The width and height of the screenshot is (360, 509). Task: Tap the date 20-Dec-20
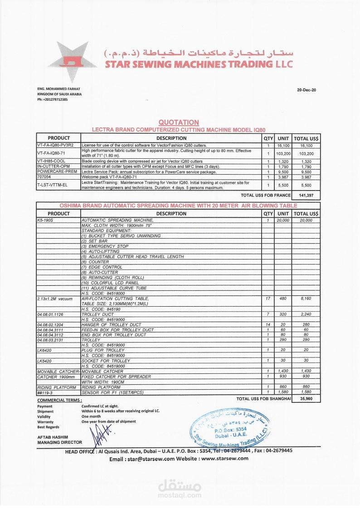(x=306, y=90)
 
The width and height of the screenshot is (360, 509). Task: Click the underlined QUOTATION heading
(x=179, y=122)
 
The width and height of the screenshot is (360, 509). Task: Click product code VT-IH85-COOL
(x=52, y=162)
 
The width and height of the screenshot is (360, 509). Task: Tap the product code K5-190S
(x=45, y=220)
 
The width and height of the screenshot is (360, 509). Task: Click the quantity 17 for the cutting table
(x=268, y=299)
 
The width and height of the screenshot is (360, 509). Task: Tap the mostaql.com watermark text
(x=180, y=496)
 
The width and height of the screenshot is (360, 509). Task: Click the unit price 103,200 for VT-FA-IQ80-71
(x=283, y=153)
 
